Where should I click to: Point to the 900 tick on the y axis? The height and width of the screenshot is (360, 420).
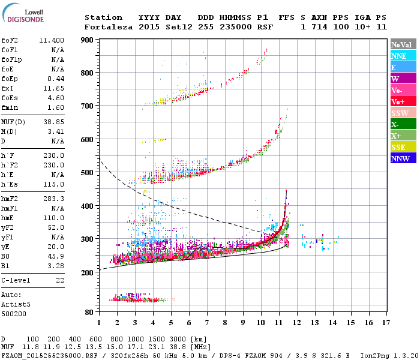click(87, 40)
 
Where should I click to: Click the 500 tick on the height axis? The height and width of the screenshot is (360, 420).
click(87, 173)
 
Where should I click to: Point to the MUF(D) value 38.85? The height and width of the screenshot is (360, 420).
click(54, 122)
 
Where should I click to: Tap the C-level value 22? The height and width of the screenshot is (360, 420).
click(60, 280)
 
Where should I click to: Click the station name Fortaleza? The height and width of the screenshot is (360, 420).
click(108, 27)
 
